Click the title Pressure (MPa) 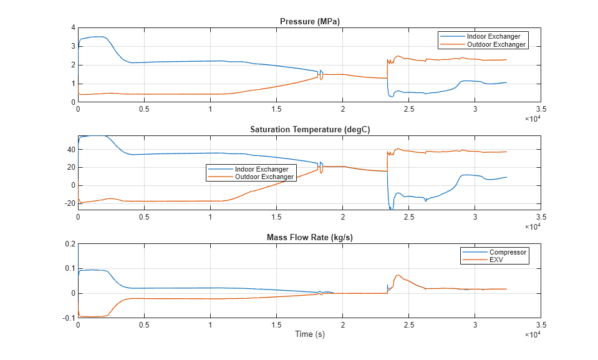point(310,22)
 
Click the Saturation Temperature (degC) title point(310,130)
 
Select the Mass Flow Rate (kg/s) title point(310,237)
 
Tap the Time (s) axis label point(310,334)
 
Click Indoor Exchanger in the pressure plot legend point(498,36)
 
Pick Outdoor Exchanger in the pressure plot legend point(498,44)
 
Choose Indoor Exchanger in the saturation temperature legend point(261,169)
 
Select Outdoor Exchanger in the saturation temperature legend point(264,177)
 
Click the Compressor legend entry point(508,252)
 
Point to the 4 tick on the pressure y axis point(73,28)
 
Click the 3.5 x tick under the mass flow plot point(541,325)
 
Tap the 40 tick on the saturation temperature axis point(70,150)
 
